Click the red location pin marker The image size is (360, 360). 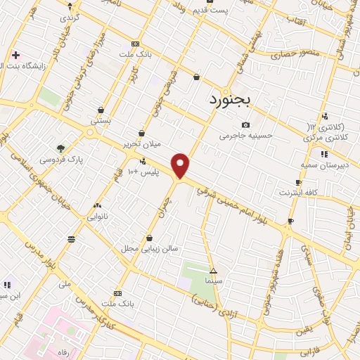[181, 165]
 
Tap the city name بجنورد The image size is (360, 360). [229, 100]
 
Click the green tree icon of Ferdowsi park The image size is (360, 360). [60, 148]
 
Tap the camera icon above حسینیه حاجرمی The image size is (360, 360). [245, 124]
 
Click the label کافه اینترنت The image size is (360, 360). [299, 192]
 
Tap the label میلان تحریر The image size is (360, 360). [142, 143]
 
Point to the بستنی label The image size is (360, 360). [101, 121]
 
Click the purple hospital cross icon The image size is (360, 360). [15, 55]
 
